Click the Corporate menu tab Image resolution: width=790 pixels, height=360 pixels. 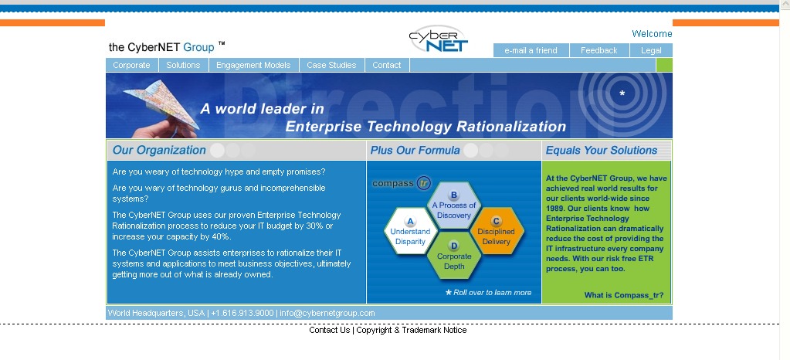131,65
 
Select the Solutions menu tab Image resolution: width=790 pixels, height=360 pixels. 183,65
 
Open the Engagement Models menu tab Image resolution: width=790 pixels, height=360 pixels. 253,65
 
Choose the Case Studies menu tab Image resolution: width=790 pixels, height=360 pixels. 331,65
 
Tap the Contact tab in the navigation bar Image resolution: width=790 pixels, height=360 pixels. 387,65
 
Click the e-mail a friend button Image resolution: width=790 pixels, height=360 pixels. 531,50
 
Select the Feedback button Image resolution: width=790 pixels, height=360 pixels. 599,50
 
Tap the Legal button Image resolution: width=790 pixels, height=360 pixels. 652,50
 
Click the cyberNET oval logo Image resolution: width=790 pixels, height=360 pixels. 439,39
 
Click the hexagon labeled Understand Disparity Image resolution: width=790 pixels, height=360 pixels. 410,232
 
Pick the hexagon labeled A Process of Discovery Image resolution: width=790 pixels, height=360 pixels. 453,205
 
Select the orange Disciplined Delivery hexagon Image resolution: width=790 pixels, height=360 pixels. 497,232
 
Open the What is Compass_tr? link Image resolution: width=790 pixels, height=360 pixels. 624,295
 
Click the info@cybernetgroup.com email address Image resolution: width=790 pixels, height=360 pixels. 327,313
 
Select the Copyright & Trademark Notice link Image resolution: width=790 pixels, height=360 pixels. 412,330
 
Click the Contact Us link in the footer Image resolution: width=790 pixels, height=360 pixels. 330,330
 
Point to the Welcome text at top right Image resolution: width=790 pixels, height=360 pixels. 652,34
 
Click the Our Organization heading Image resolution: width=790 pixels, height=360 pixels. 159,150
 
